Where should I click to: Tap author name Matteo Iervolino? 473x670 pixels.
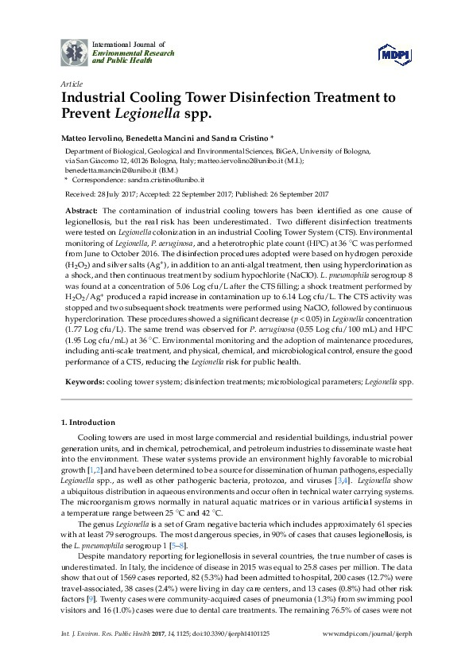(x=89, y=138)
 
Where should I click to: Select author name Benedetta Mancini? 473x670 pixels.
(x=161, y=138)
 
